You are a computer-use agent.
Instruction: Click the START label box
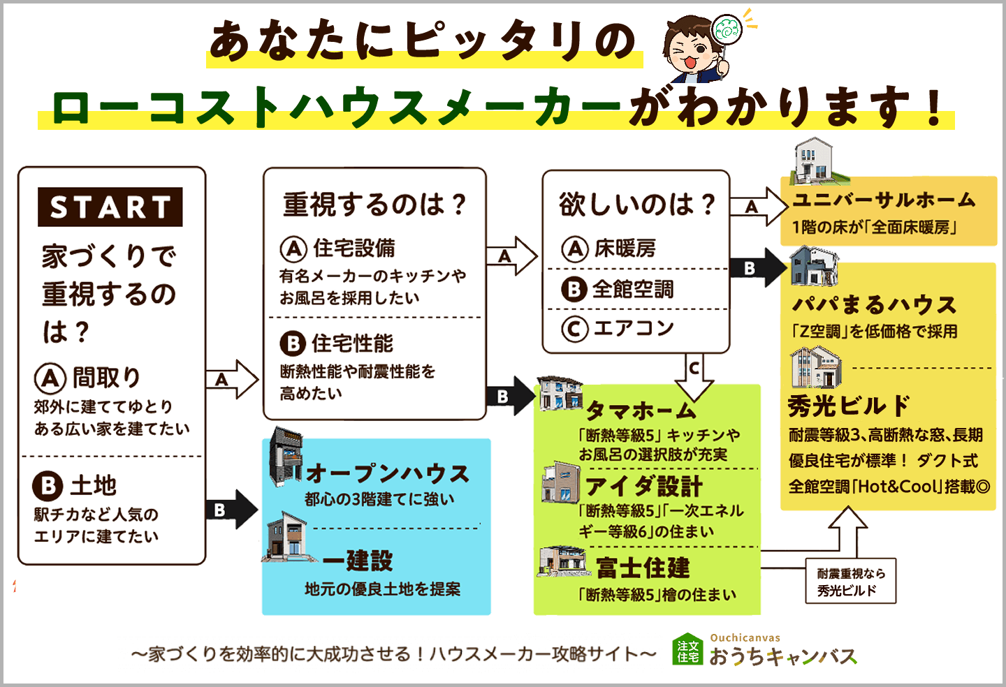(110, 207)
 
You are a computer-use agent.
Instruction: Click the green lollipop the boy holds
(727, 30)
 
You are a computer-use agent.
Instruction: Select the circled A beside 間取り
(50, 378)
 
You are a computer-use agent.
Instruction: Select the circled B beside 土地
(48, 485)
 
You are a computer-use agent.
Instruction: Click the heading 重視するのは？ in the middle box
(374, 205)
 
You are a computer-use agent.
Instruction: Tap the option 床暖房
(625, 249)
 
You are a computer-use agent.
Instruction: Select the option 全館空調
(632, 289)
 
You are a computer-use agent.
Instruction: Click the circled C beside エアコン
(575, 329)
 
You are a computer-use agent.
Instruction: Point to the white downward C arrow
(694, 376)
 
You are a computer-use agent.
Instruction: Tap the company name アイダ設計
(643, 486)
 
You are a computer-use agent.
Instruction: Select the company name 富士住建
(643, 568)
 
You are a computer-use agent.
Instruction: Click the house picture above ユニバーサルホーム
(815, 161)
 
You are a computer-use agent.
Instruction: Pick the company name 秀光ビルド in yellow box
(849, 406)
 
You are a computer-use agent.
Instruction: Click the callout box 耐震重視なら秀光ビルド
(851, 582)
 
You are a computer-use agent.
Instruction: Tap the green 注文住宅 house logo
(687, 650)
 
